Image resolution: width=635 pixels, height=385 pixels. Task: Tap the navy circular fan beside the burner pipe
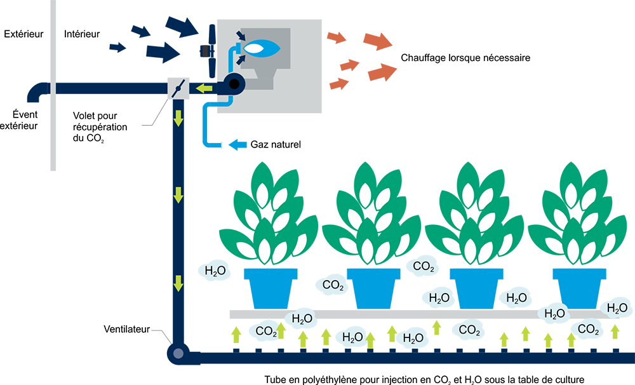(x=234, y=83)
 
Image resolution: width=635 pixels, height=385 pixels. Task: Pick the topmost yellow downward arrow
(x=179, y=117)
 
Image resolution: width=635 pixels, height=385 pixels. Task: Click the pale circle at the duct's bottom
(x=180, y=353)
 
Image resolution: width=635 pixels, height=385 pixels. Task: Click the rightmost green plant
(x=573, y=213)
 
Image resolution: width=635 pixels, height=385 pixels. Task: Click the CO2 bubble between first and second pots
(x=332, y=285)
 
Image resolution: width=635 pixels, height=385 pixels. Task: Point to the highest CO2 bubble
(x=423, y=265)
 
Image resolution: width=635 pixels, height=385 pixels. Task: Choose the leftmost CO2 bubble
(x=267, y=330)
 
